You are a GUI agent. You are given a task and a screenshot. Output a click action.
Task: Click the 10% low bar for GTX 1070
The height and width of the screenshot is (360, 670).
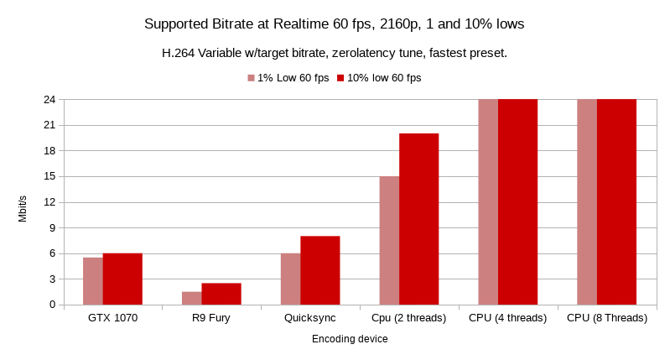122,279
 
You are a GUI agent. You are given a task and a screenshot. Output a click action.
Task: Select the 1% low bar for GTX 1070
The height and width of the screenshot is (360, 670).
92,281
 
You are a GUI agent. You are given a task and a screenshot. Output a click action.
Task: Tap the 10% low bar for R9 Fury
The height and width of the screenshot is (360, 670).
221,294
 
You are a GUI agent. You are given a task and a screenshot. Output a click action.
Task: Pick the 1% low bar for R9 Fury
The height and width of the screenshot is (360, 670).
191,298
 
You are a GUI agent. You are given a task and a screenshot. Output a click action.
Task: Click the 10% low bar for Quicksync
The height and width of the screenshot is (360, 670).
320,270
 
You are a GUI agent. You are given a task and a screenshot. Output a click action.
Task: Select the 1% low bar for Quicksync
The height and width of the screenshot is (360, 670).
290,279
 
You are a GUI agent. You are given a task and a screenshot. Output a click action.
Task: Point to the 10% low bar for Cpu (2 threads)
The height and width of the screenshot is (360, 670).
418,219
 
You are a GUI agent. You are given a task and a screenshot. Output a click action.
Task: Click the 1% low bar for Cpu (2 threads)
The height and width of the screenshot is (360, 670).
389,240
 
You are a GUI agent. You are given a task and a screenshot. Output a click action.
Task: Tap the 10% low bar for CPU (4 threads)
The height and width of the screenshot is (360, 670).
517,201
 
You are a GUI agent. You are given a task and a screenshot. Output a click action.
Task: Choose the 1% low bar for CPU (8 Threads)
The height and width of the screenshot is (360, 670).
587,201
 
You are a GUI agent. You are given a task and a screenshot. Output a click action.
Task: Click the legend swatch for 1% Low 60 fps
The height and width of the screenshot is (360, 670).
251,78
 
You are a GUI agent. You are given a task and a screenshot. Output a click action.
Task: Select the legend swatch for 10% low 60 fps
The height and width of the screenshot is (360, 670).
341,78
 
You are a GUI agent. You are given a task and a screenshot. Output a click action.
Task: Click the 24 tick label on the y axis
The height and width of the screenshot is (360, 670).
49,99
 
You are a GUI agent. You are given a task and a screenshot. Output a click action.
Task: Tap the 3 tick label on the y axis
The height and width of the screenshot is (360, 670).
52,279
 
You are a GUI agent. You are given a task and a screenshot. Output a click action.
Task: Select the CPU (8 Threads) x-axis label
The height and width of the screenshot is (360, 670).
607,319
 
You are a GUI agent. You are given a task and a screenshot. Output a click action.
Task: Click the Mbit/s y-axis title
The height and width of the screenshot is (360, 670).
23,208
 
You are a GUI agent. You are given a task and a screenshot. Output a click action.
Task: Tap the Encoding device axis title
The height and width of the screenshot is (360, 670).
350,339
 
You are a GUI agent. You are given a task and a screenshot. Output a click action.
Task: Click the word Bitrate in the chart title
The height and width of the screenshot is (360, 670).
236,24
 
